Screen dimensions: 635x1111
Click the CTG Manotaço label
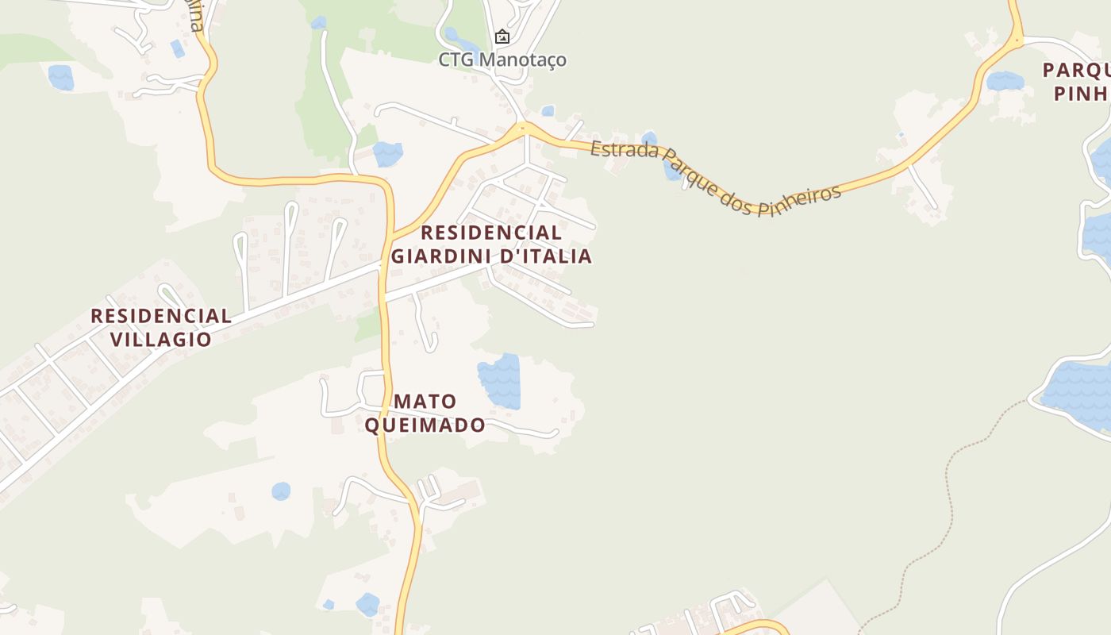pos(502,60)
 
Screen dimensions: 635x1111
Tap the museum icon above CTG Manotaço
pos(502,37)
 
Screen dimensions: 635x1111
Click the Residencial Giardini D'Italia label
pos(491,244)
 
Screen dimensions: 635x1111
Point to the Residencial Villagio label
pos(161,327)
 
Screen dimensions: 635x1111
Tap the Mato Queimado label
pos(425,413)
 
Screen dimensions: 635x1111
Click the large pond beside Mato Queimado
pos(499,380)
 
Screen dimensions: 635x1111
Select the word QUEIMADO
pos(425,425)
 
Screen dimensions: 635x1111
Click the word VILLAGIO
pos(161,340)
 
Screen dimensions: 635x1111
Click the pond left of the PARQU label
pos(1005,81)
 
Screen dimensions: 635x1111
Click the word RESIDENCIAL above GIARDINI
pos(491,233)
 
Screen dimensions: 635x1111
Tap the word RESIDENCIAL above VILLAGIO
pos(161,316)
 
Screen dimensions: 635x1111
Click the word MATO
pos(425,401)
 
